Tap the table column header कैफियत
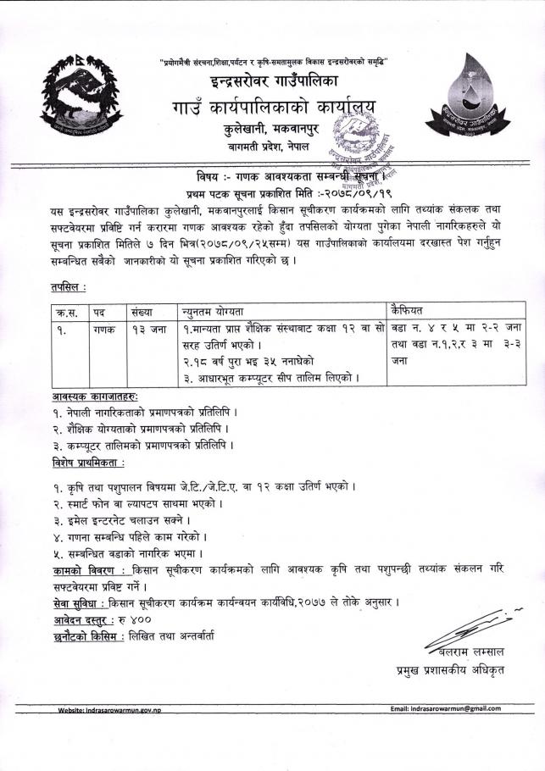coord(410,310)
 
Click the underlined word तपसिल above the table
coord(68,289)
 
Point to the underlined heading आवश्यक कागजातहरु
coord(93,395)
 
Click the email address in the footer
coord(445,707)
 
